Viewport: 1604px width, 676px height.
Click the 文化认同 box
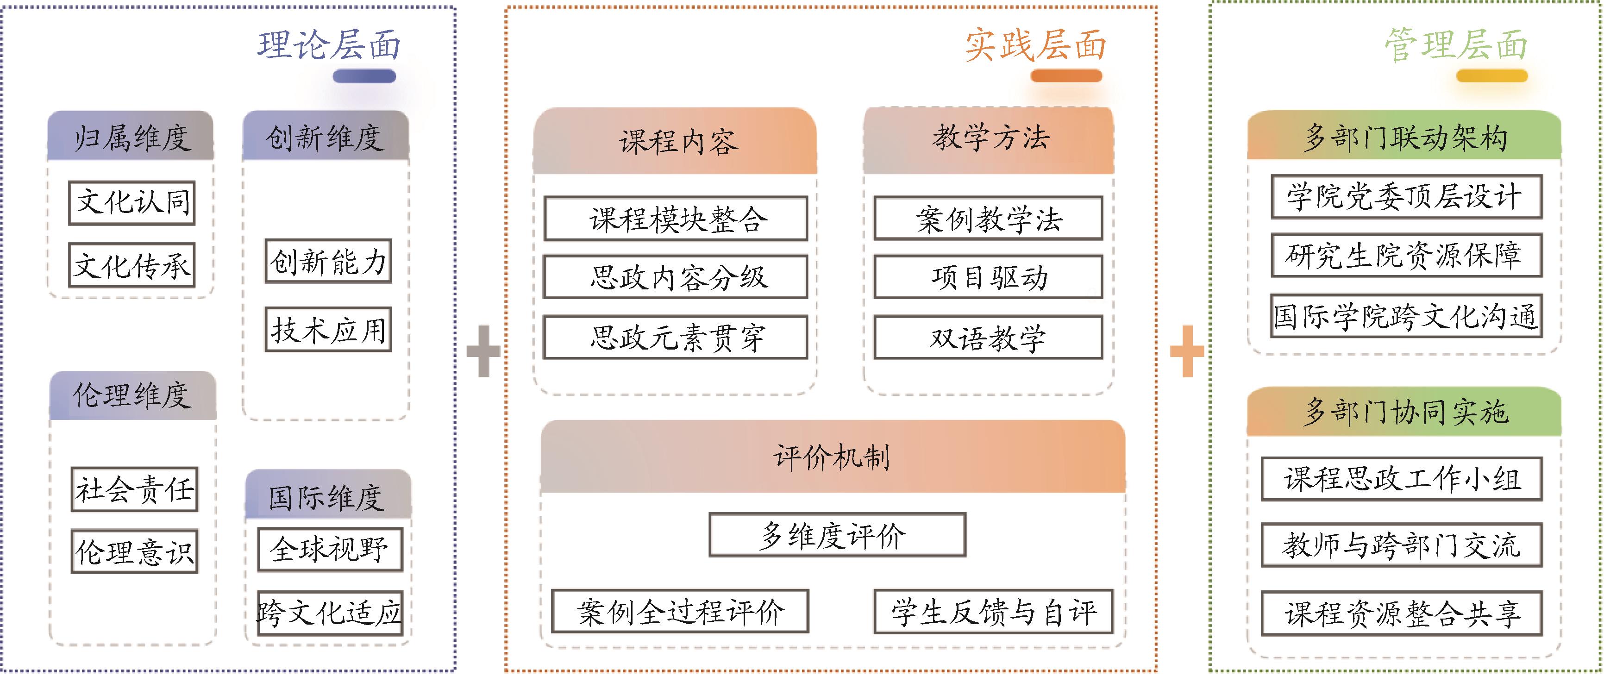point(132,202)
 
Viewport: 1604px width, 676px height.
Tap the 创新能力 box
point(328,261)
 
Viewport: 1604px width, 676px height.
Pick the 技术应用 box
point(328,329)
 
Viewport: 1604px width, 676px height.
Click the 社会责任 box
point(134,489)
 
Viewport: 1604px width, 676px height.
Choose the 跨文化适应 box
point(330,613)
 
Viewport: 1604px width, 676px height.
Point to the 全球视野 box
point(330,549)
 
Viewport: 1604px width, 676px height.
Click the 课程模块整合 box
point(676,219)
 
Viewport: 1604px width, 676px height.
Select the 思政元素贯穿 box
point(676,338)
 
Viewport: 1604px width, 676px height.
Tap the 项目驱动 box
point(988,277)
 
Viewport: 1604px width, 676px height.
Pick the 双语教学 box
point(988,338)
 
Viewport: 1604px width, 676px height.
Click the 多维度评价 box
point(838,535)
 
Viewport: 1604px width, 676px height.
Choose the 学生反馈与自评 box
point(993,612)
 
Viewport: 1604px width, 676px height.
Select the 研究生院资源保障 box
point(1406,255)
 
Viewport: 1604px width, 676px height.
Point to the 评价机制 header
point(833,457)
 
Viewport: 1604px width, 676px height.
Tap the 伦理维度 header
point(132,395)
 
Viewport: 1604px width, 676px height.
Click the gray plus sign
point(483,351)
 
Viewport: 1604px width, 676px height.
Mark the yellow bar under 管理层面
point(1492,76)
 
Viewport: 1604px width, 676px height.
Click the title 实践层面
point(1035,45)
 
